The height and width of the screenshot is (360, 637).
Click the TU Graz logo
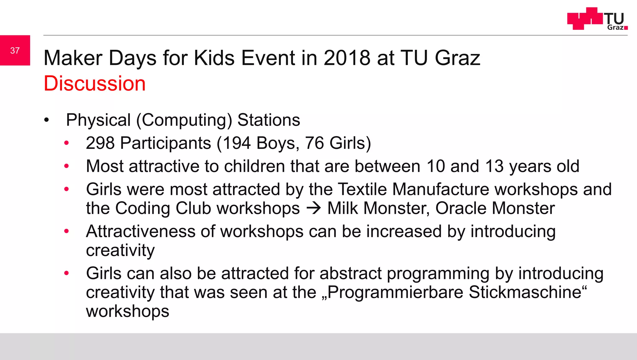pos(597,19)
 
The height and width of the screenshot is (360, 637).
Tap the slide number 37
pos(15,50)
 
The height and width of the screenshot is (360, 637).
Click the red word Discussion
pos(95,83)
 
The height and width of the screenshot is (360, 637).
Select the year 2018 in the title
pos(347,58)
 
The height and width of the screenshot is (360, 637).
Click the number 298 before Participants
pos(100,143)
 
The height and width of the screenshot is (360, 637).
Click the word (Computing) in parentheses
pos(184,120)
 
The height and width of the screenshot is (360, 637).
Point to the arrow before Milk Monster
pos(314,208)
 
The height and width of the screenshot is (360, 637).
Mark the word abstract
pos(351,273)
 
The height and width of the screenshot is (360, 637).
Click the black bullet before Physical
pos(47,120)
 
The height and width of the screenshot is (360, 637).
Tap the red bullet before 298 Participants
pos(66,143)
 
